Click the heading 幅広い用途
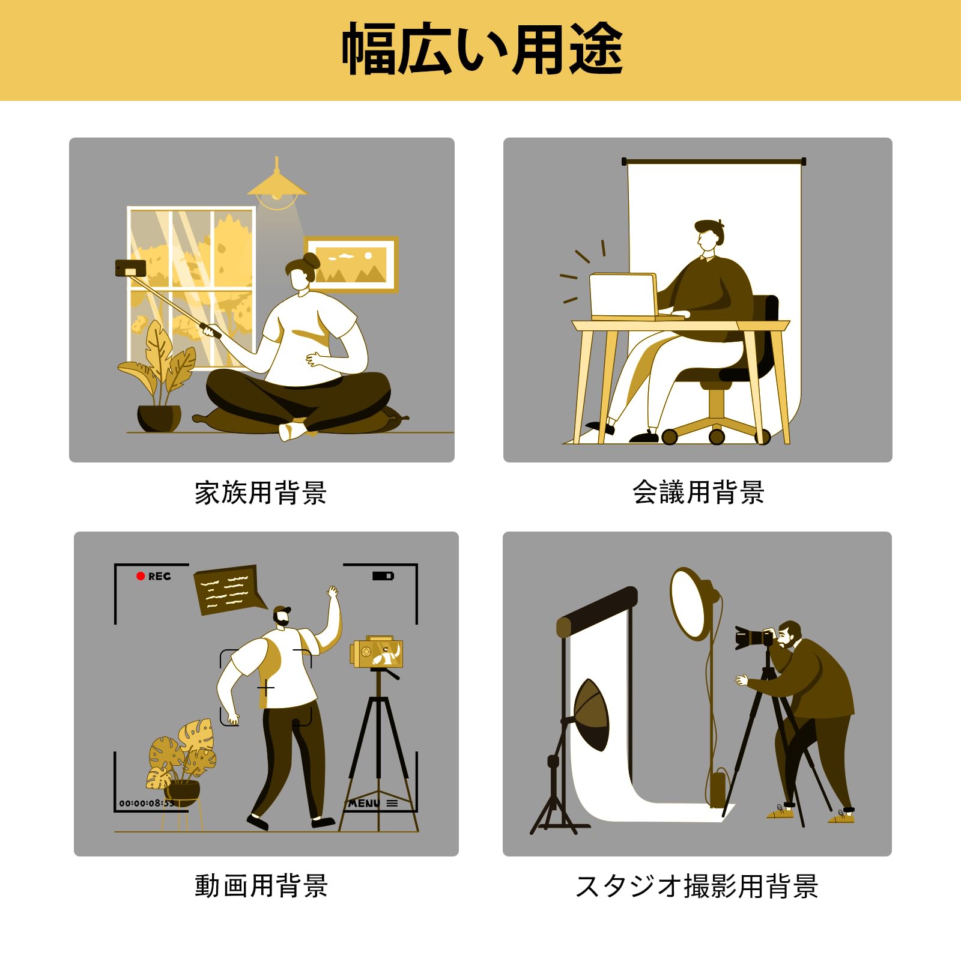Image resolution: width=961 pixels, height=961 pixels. tap(482, 49)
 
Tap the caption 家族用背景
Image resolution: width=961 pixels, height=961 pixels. tap(261, 493)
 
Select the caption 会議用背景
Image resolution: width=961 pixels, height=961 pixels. tap(698, 493)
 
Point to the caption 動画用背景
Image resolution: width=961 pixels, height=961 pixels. tap(261, 886)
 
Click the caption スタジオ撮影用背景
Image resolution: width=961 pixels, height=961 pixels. tap(697, 886)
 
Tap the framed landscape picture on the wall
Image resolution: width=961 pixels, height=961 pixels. tap(352, 264)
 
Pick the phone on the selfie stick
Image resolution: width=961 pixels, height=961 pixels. tap(130, 268)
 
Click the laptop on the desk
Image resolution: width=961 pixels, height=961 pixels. tap(625, 296)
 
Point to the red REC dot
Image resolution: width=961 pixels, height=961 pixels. tap(141, 576)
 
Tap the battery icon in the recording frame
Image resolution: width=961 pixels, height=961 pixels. tap(383, 576)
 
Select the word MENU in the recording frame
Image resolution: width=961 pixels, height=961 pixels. tap(364, 803)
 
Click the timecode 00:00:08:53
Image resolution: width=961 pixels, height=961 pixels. tap(146, 803)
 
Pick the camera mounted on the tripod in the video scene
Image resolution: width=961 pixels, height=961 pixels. tap(377, 653)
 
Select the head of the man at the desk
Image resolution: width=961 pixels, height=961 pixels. tap(710, 234)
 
